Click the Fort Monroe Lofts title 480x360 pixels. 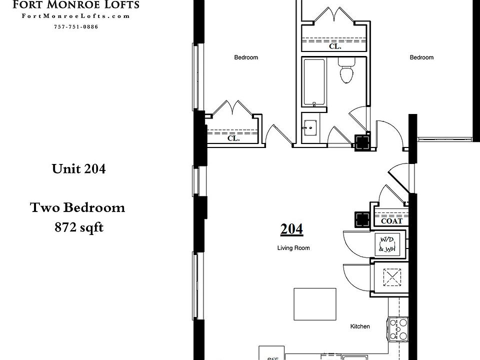(x=76, y=5)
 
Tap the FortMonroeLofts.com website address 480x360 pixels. (x=76, y=16)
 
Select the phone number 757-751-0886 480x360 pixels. (x=76, y=26)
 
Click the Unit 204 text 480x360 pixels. (x=78, y=169)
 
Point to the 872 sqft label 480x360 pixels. (x=78, y=227)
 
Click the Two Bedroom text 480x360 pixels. (x=77, y=207)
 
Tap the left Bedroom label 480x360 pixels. (x=246, y=57)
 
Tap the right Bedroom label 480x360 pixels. (x=421, y=57)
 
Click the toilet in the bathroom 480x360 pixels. (x=346, y=72)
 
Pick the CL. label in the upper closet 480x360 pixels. (x=335, y=46)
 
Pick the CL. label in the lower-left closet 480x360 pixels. (x=233, y=138)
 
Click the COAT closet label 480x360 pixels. (x=391, y=221)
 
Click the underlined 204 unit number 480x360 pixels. (x=291, y=229)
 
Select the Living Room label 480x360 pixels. (x=293, y=248)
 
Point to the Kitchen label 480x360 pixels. (x=360, y=326)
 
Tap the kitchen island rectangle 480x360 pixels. (x=314, y=304)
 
